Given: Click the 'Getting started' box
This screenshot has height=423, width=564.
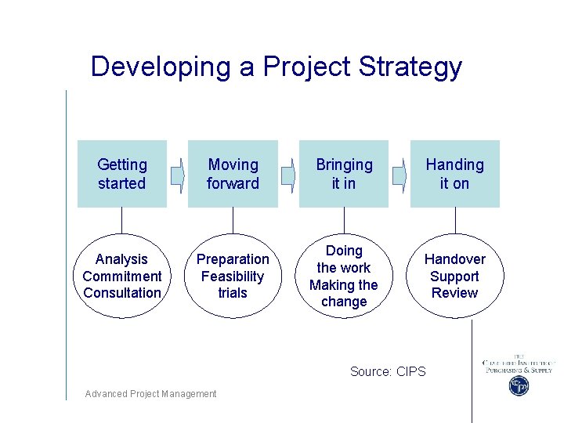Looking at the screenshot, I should (121, 174).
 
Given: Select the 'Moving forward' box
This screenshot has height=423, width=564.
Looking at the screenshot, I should (233, 174).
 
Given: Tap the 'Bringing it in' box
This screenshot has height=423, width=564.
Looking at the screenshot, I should (344, 174).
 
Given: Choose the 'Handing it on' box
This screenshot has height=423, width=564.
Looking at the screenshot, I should (454, 174).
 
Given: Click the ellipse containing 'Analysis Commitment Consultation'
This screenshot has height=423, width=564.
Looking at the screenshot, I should (121, 276).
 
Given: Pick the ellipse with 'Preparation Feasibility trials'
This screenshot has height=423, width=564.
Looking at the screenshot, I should (233, 276).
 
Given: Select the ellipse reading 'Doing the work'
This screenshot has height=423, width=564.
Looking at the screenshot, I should (344, 276).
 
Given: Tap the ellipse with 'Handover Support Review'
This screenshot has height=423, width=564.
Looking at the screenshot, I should (454, 276).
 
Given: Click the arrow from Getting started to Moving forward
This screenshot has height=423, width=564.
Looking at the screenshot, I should (178, 175).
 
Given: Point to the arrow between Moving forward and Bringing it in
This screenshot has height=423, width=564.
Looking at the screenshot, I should (288, 175).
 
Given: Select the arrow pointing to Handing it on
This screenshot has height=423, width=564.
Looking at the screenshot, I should (399, 175).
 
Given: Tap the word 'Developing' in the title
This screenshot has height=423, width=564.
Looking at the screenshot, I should (161, 67).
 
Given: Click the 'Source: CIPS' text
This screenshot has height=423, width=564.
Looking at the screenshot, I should (388, 371).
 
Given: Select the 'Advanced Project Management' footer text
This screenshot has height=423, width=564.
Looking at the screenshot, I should (151, 394).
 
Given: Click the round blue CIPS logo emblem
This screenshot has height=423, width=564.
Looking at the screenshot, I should (519, 385).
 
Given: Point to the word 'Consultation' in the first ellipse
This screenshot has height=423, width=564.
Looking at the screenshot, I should (121, 293).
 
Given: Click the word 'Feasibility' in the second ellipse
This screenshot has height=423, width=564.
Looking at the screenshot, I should (233, 276).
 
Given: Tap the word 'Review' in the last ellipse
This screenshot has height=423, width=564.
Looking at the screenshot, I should (454, 293).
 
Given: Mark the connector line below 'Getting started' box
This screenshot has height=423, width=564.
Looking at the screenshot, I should (121, 220).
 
